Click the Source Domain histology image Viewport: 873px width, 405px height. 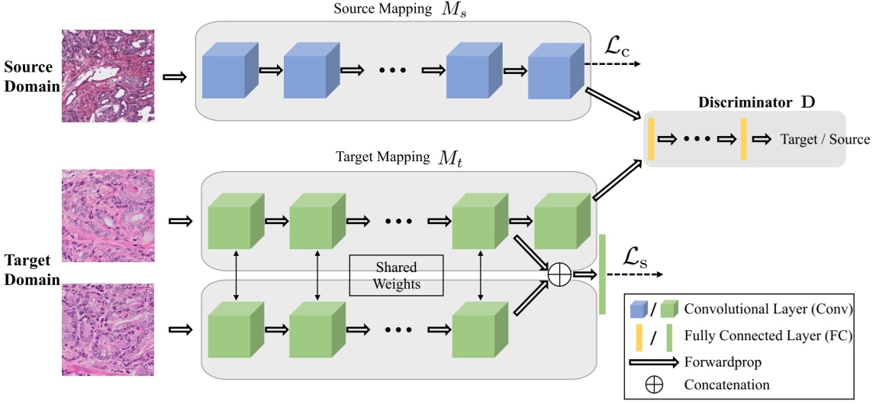[108, 76]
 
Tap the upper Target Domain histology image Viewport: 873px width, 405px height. [108, 215]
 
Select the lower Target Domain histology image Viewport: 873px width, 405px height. [108, 329]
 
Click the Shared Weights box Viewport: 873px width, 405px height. [397, 275]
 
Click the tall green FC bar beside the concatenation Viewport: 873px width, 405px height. [601, 274]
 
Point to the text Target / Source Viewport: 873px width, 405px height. [824, 139]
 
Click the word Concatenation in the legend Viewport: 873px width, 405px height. [726, 384]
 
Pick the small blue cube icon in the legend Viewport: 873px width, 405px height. [637, 309]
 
